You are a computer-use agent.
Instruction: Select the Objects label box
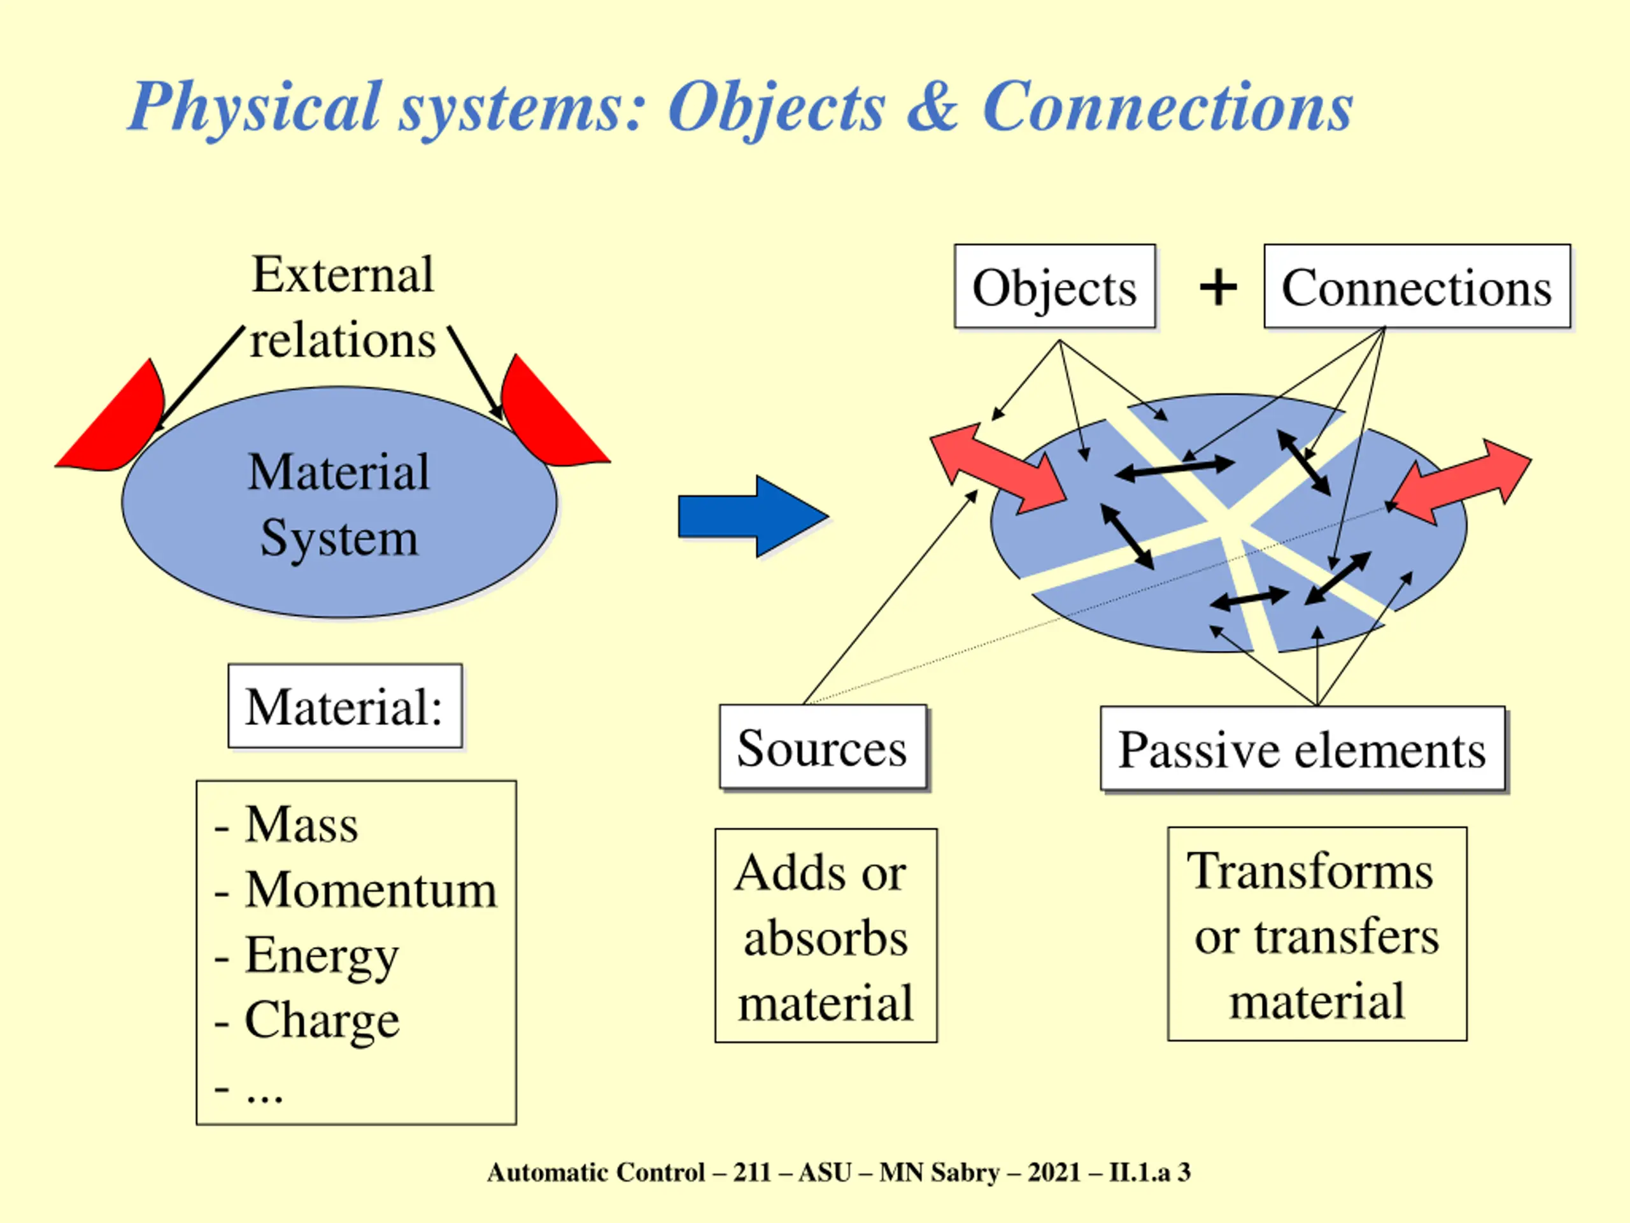(1054, 287)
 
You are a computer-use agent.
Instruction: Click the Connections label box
(1416, 287)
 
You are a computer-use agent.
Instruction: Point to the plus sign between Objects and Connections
(1218, 287)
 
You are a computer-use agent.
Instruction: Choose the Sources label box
(823, 748)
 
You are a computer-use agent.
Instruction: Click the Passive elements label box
(1302, 749)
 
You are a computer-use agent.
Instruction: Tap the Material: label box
(345, 706)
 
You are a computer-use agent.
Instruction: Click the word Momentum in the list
(371, 889)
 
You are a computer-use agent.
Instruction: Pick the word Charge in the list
(322, 1020)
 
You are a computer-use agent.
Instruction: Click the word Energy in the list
(322, 955)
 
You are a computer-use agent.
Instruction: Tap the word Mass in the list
(301, 824)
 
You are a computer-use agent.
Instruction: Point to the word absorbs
(825, 938)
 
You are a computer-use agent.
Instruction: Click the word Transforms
(1310, 871)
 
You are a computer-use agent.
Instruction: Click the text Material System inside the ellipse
(339, 504)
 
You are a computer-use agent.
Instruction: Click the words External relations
(343, 306)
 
